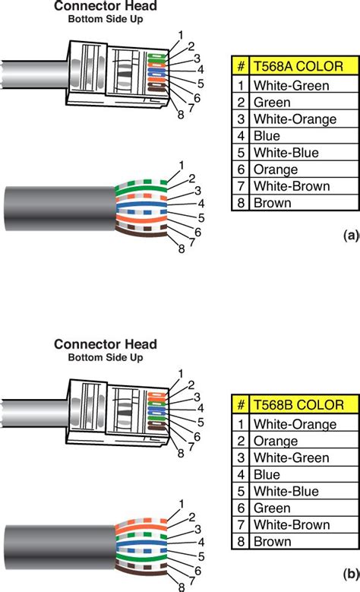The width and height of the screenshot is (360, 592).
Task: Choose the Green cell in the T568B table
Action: pyautogui.click(x=272, y=508)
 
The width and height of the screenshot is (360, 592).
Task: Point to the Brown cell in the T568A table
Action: pyautogui.click(x=272, y=203)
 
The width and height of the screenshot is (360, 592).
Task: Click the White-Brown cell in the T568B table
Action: pyautogui.click(x=288, y=525)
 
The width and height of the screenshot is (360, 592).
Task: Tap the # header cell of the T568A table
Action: pyautogui.click(x=241, y=65)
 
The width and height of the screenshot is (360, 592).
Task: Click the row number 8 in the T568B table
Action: pyautogui.click(x=241, y=542)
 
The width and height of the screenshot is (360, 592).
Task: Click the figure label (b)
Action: pyautogui.click(x=350, y=576)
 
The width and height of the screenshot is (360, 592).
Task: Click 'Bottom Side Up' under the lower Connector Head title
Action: pyautogui.click(x=104, y=357)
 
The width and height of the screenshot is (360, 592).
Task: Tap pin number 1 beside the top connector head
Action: pyautogui.click(x=181, y=34)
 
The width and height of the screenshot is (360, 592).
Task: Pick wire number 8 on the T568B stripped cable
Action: pyautogui.click(x=181, y=587)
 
